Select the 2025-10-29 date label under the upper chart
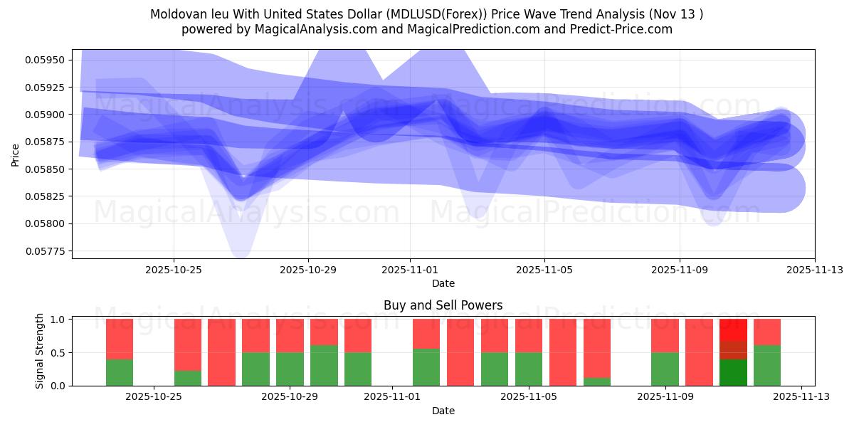308,270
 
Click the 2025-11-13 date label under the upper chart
815,270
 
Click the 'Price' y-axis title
15,154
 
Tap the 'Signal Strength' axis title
40,351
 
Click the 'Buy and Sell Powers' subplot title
443,305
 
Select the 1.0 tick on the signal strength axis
58,320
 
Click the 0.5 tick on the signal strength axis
58,352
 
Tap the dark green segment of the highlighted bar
733,372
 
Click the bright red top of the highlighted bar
733,329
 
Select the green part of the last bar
767,366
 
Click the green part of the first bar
120,372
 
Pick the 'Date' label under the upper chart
443,283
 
